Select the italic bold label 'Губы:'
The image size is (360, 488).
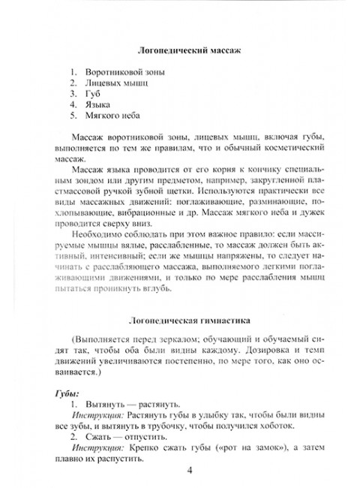(x=69, y=393)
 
